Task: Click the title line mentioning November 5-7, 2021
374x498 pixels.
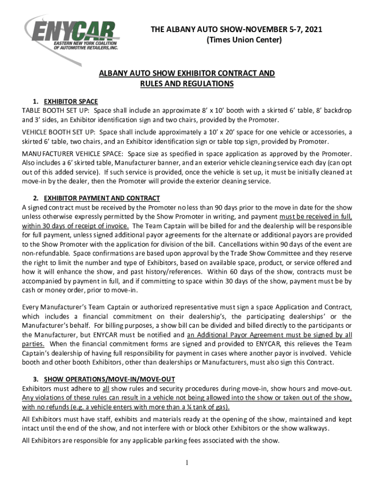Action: [x=237, y=30]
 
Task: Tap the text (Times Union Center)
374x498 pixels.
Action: [x=237, y=40]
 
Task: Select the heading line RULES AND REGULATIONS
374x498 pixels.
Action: [x=187, y=84]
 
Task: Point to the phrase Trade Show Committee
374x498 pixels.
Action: [x=250, y=253]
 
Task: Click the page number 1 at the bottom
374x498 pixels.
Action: [x=187, y=462]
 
